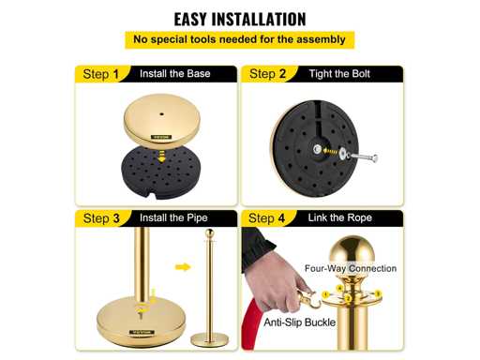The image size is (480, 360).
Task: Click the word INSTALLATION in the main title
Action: point(259,19)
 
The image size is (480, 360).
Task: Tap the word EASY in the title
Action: point(190,19)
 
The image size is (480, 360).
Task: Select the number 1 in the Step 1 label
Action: point(116,74)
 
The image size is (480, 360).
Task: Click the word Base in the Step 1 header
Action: point(199,74)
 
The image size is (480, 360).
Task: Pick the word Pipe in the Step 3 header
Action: point(197,217)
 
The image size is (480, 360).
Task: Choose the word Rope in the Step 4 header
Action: point(360,217)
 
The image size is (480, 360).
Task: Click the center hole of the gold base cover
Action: point(161,114)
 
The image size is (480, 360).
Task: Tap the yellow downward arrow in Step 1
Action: point(161,156)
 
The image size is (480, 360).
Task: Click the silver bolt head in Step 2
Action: point(374,158)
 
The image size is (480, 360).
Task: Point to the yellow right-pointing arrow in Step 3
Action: point(183,267)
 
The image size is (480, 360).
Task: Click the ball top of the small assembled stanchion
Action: point(209,233)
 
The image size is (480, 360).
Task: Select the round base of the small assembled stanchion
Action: point(210,339)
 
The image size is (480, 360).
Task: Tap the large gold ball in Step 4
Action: point(352,251)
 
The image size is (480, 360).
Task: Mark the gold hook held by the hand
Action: point(307,299)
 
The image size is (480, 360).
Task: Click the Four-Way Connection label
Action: point(351,268)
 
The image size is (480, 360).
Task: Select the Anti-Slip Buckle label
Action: point(300,322)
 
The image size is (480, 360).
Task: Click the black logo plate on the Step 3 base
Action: point(142,332)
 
